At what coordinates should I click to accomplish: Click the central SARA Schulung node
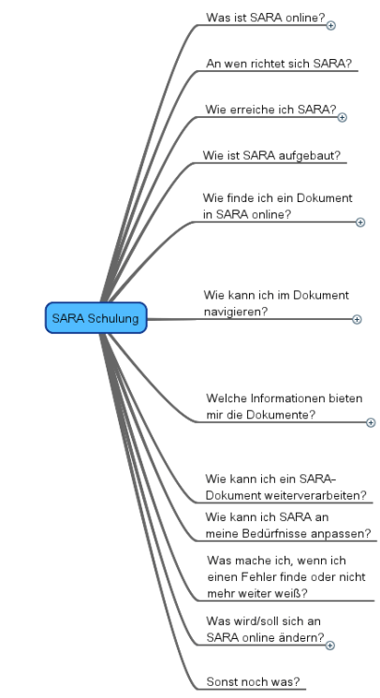pos(95,319)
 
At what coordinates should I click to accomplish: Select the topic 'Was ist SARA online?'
pos(265,18)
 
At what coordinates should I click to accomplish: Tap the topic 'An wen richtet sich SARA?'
pos(278,64)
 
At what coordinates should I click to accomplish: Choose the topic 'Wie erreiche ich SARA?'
pos(270,109)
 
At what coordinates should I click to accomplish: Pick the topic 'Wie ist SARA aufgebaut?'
pos(270,154)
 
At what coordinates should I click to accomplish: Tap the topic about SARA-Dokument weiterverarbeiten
pos(285,487)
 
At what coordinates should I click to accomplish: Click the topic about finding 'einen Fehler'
pos(285,576)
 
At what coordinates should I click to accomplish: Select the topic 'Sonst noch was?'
pos(258,680)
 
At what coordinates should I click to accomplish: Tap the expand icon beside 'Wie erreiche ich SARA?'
pos(342,117)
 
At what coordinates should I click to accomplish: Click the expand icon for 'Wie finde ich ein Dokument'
pos(360,222)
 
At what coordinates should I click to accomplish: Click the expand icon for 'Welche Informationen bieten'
pos(371,422)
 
